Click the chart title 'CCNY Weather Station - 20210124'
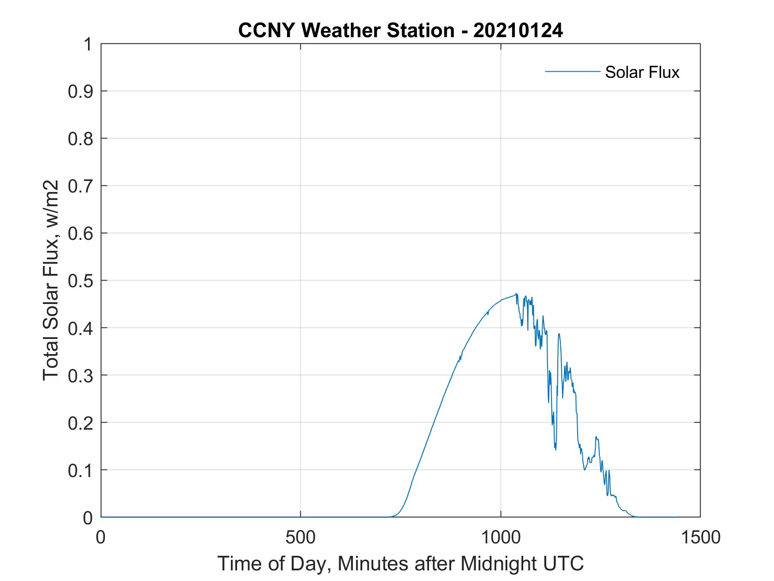(x=400, y=31)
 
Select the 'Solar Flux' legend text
(x=642, y=72)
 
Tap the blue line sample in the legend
(x=572, y=71)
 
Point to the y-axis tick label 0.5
(x=81, y=281)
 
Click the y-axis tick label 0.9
(x=81, y=91)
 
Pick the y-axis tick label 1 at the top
(x=87, y=44)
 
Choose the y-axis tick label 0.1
(x=81, y=470)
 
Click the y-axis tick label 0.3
(x=81, y=375)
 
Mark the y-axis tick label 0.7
(x=81, y=186)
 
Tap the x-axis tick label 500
(x=300, y=537)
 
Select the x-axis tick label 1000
(x=501, y=537)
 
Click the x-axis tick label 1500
(x=700, y=537)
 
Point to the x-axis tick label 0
(x=101, y=537)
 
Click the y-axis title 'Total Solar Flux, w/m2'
(x=51, y=281)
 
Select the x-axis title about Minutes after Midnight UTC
(x=400, y=564)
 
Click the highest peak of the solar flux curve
(x=516, y=294)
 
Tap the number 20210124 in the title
(x=518, y=31)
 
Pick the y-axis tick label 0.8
(x=81, y=139)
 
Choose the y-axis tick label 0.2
(x=81, y=423)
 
